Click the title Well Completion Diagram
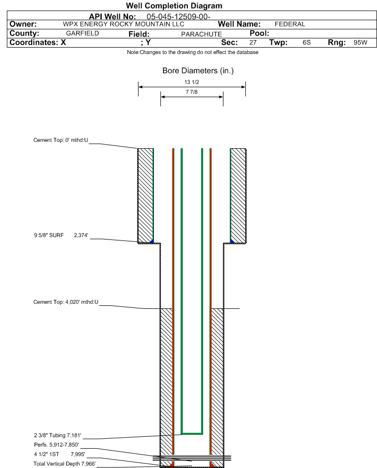tap(174, 5)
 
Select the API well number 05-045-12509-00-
tap(178, 16)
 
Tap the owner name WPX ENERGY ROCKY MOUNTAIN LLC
tap(124, 24)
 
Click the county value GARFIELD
tap(82, 33)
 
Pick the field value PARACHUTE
tap(202, 34)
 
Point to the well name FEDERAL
tap(290, 24)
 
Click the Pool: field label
tap(259, 33)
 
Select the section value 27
tap(253, 42)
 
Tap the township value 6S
tap(307, 42)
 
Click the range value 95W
tap(360, 42)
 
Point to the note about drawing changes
tap(193, 52)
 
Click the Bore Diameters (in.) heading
tap(198, 71)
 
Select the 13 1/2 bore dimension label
tap(192, 82)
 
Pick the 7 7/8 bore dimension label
tap(192, 92)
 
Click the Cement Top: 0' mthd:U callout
tap(61, 140)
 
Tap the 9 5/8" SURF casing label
tap(49, 235)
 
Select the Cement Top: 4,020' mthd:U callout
tap(66, 302)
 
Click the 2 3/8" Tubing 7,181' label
tap(58, 435)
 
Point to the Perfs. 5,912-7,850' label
tap(57, 445)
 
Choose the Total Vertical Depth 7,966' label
tap(65, 464)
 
